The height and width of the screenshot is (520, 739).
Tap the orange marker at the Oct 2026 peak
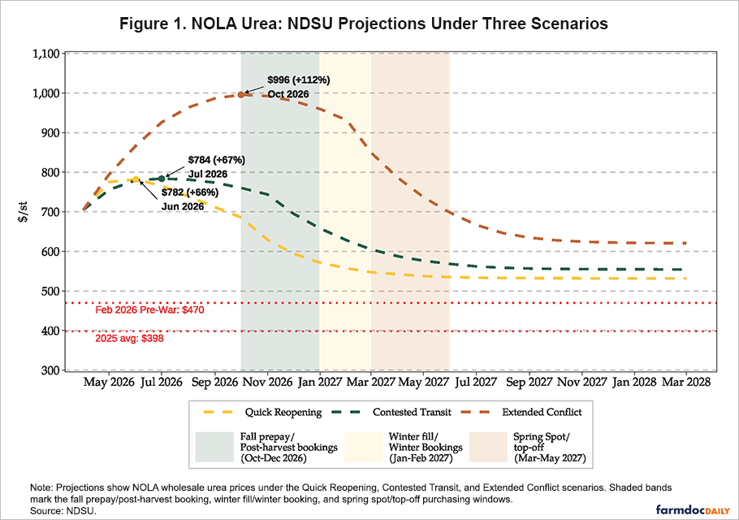pos(241,95)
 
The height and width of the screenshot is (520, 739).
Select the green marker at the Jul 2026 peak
pos(162,178)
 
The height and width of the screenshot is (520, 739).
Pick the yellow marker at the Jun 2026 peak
pos(136,179)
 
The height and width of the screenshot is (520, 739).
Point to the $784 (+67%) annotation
pos(216,160)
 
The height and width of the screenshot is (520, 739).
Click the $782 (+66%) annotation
pos(189,193)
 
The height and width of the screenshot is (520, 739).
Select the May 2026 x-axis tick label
pos(110,383)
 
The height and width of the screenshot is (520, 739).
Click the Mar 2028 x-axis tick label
pos(686,383)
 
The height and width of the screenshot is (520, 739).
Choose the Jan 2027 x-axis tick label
pos(319,383)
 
